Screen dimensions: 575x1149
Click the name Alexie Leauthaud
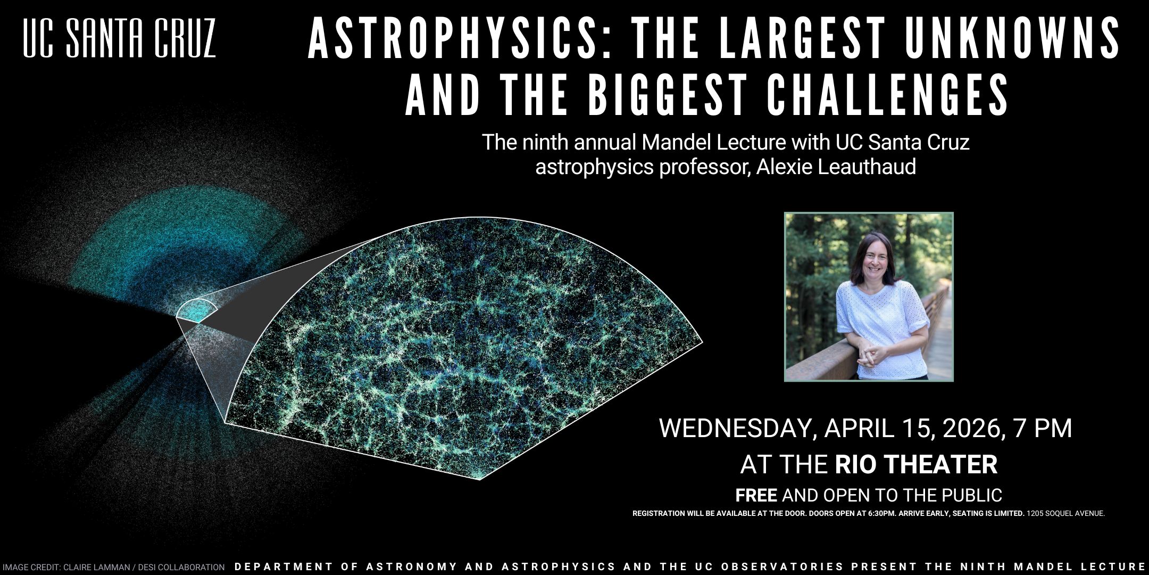836,167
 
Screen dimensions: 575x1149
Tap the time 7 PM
1043,429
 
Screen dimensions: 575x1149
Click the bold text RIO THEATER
916,464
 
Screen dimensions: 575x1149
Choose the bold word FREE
756,496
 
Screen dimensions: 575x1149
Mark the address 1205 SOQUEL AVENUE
1065,514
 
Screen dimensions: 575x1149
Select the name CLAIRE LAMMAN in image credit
96,568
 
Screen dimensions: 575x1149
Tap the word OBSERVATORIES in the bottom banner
782,567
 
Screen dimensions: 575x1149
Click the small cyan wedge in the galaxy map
196,311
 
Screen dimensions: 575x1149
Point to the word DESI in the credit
147,568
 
